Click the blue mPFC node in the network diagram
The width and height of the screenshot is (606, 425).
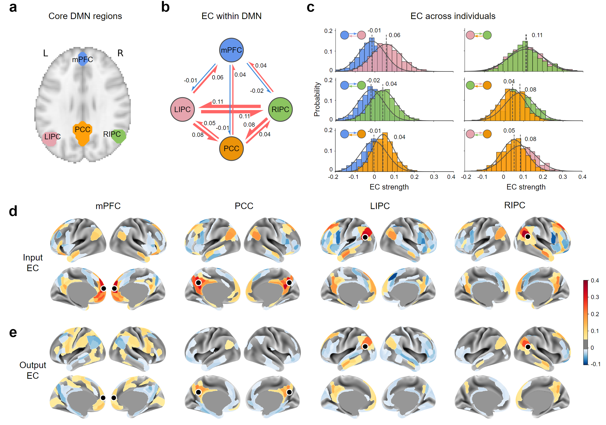(231, 50)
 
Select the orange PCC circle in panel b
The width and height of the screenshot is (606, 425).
(231, 148)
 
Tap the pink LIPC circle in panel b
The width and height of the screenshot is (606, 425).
(182, 109)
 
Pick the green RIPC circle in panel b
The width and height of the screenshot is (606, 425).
(280, 109)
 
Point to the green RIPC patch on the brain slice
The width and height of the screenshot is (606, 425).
(119, 136)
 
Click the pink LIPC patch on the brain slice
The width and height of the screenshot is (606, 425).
(50, 139)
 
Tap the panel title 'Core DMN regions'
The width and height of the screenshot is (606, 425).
(85, 16)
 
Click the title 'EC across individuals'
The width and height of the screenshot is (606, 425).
(453, 16)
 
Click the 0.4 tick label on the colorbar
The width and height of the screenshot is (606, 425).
(595, 280)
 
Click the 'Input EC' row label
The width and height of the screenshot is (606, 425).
(33, 263)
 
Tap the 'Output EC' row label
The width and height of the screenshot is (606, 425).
(33, 370)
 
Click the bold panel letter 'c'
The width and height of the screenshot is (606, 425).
(310, 7)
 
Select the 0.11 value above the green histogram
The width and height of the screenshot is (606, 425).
(537, 35)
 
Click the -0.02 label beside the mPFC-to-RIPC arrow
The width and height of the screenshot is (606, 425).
(256, 91)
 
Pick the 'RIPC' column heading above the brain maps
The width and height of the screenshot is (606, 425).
(514, 205)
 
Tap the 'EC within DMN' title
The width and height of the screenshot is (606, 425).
(231, 16)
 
